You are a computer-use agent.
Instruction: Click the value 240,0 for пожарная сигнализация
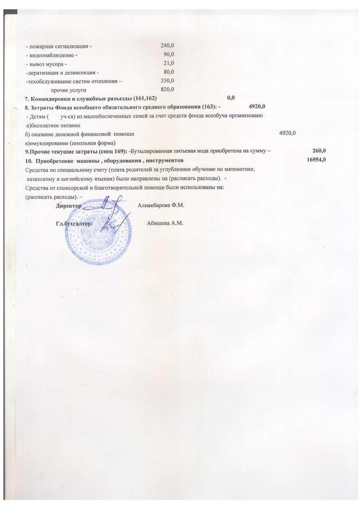click(167, 45)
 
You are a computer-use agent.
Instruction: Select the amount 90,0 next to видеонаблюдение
click(169, 54)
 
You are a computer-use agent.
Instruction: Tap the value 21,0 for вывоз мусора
click(169, 63)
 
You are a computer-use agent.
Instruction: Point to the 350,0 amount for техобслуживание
click(167, 81)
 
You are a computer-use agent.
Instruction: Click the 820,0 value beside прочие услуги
click(167, 89)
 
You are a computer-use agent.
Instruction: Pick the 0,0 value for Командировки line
click(231, 98)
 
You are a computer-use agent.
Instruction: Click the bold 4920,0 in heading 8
click(257, 106)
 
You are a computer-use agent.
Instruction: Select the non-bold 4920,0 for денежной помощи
click(287, 134)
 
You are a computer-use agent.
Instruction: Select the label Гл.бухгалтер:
click(74, 224)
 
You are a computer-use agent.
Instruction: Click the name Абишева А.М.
click(165, 224)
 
